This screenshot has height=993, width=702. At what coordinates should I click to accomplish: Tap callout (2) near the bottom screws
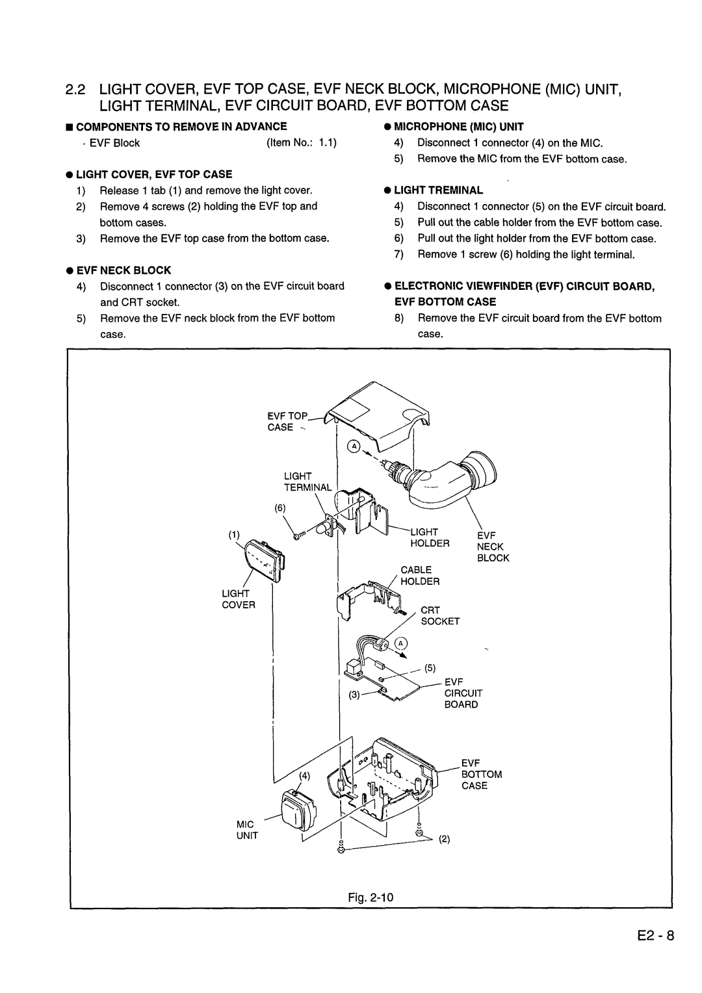(445, 839)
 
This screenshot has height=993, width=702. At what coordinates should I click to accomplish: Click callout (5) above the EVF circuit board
(430, 668)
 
